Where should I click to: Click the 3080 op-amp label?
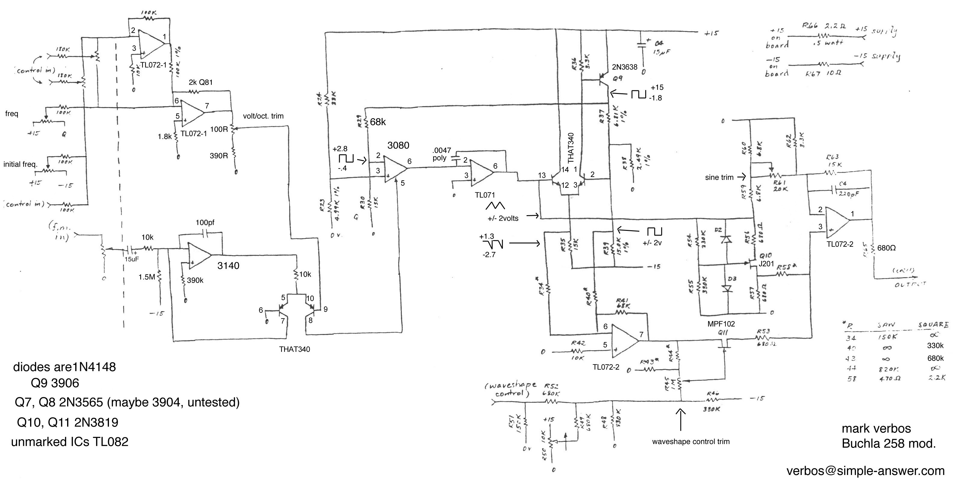[x=398, y=145]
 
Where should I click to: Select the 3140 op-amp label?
[x=228, y=265]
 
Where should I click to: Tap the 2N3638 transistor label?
[x=625, y=67]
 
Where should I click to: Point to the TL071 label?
[x=485, y=195]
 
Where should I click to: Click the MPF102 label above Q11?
[x=721, y=324]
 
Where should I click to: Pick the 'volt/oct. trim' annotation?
[x=263, y=116]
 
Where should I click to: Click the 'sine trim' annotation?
[x=719, y=178]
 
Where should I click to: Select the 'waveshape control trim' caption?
[x=691, y=442]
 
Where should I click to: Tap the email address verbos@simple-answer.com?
[x=866, y=471]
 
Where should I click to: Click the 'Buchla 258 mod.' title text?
[x=889, y=443]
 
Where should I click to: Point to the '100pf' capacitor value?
[x=205, y=223]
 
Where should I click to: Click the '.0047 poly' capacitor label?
[x=441, y=154]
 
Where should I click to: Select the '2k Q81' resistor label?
[x=200, y=82]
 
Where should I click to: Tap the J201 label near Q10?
[x=766, y=264]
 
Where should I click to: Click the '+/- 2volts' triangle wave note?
[x=503, y=218]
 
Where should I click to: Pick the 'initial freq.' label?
[x=20, y=164]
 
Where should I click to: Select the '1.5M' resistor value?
[x=147, y=277]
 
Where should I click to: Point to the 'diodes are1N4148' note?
[x=64, y=367]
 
